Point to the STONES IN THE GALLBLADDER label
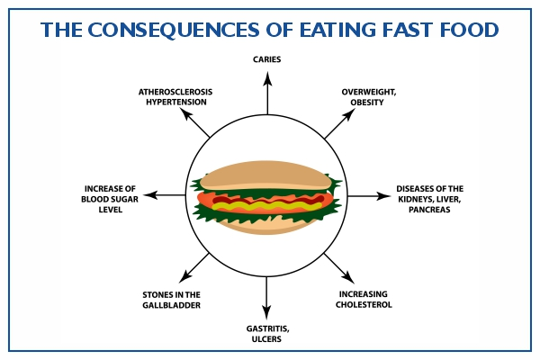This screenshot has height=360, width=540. (171, 300)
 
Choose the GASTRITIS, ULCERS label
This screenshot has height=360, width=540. (267, 334)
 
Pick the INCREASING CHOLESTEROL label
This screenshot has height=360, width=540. (365, 300)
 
